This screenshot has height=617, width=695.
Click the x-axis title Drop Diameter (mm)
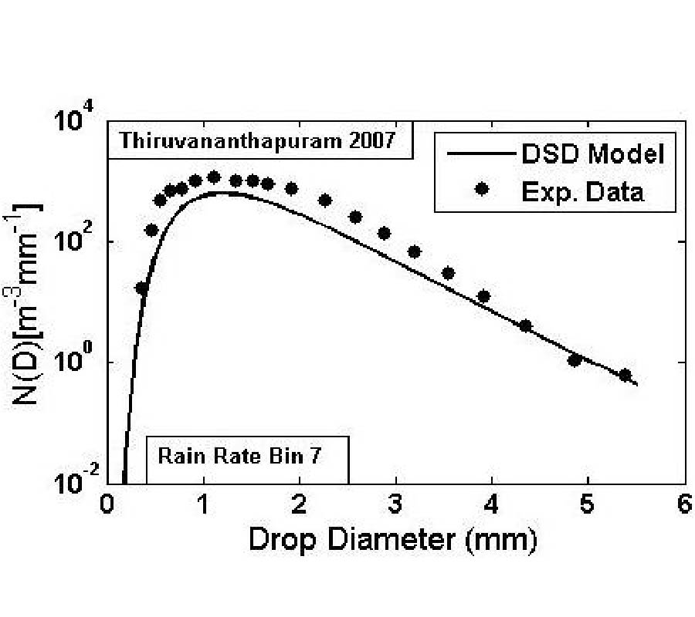tap(392, 539)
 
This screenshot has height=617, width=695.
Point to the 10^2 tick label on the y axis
tap(76, 244)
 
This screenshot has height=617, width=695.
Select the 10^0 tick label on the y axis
tap(76, 365)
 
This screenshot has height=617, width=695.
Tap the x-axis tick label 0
tap(107, 506)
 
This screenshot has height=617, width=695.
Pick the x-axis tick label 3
tap(395, 506)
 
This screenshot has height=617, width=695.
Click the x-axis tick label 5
tap(588, 506)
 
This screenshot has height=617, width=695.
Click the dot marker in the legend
tap(482, 190)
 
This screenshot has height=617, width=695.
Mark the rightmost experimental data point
tap(625, 375)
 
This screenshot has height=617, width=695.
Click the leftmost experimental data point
tap(142, 288)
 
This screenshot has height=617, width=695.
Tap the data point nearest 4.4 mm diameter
tap(526, 325)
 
